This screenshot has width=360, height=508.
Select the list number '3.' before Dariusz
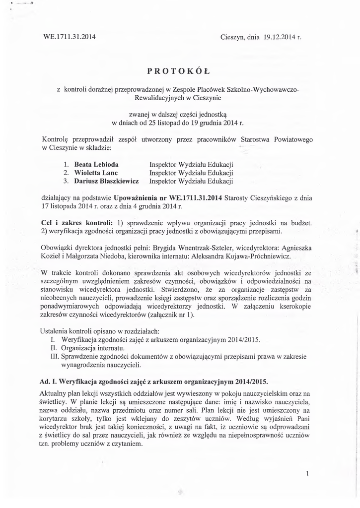tap(66, 182)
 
